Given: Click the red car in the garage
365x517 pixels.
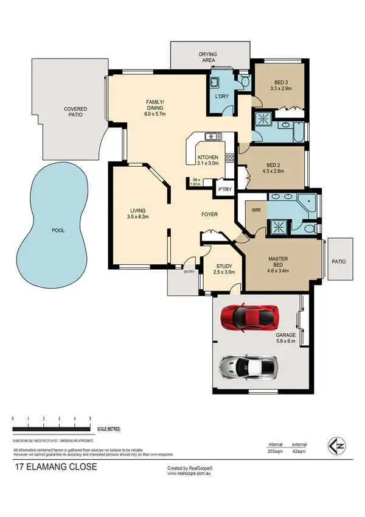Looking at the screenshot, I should click(x=249, y=316).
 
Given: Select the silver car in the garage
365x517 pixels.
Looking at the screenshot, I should click(x=249, y=367).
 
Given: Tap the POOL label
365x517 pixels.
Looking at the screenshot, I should click(x=58, y=231).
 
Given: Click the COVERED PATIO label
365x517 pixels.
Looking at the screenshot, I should click(x=76, y=111).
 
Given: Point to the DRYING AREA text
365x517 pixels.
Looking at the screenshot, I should click(x=207, y=57).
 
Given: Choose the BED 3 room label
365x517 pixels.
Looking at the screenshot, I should click(x=280, y=82).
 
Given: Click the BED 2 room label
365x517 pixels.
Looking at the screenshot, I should click(x=273, y=165).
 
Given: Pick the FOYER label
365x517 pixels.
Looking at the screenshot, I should click(x=210, y=214).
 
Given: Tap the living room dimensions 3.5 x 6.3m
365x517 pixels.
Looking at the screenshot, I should click(x=137, y=217).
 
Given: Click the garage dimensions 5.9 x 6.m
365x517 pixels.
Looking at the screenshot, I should click(x=285, y=341).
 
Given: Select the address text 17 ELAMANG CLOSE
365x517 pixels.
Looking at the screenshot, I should click(x=55, y=468).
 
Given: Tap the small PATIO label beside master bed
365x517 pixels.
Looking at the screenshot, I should click(x=339, y=261).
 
